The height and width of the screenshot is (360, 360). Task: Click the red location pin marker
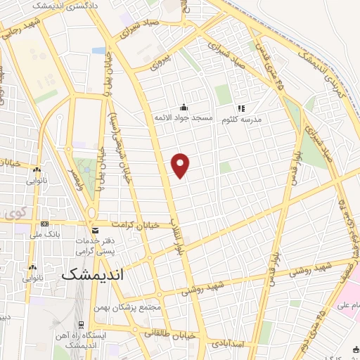tap(181, 165)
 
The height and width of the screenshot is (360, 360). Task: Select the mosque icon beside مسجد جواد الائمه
tap(184, 108)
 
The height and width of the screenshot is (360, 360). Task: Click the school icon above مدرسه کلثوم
tap(240, 108)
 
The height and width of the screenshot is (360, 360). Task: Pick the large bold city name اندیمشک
tap(92, 275)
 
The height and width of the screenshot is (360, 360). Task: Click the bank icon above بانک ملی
tap(45, 224)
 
